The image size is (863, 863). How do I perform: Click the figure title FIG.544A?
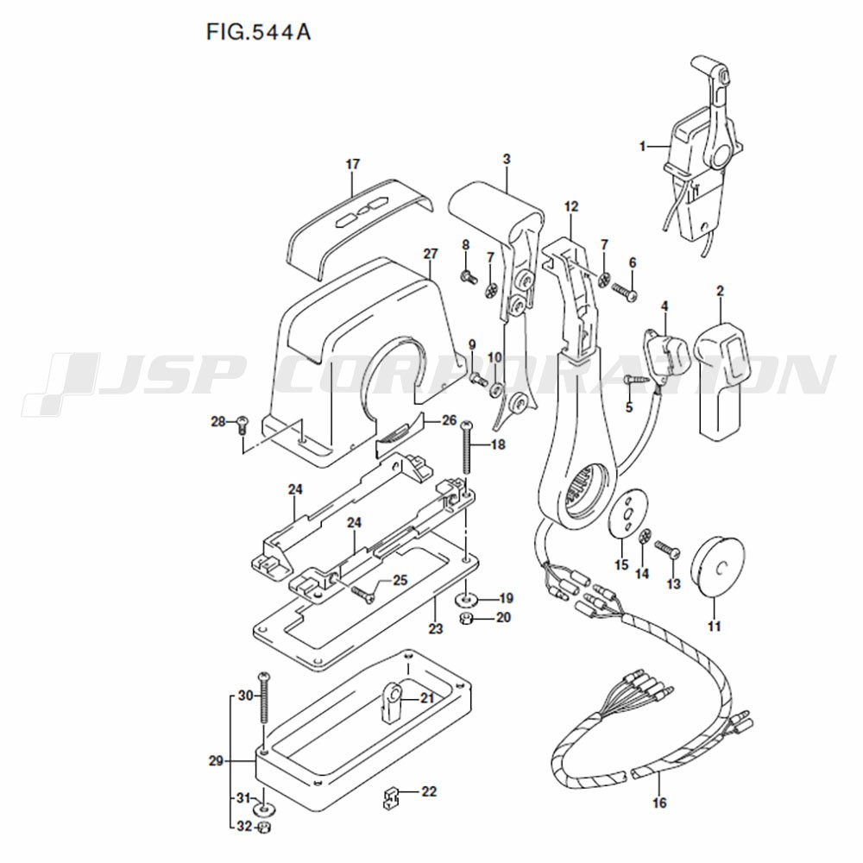[258, 32]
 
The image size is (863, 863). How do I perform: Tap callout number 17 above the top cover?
[353, 164]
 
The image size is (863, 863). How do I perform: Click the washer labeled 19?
[467, 598]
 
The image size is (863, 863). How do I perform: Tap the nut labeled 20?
[467, 619]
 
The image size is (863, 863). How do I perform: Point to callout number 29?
[216, 761]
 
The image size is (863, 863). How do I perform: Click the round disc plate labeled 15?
[628, 511]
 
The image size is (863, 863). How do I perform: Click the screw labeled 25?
[362, 594]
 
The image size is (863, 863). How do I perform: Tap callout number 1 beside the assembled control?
[642, 147]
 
